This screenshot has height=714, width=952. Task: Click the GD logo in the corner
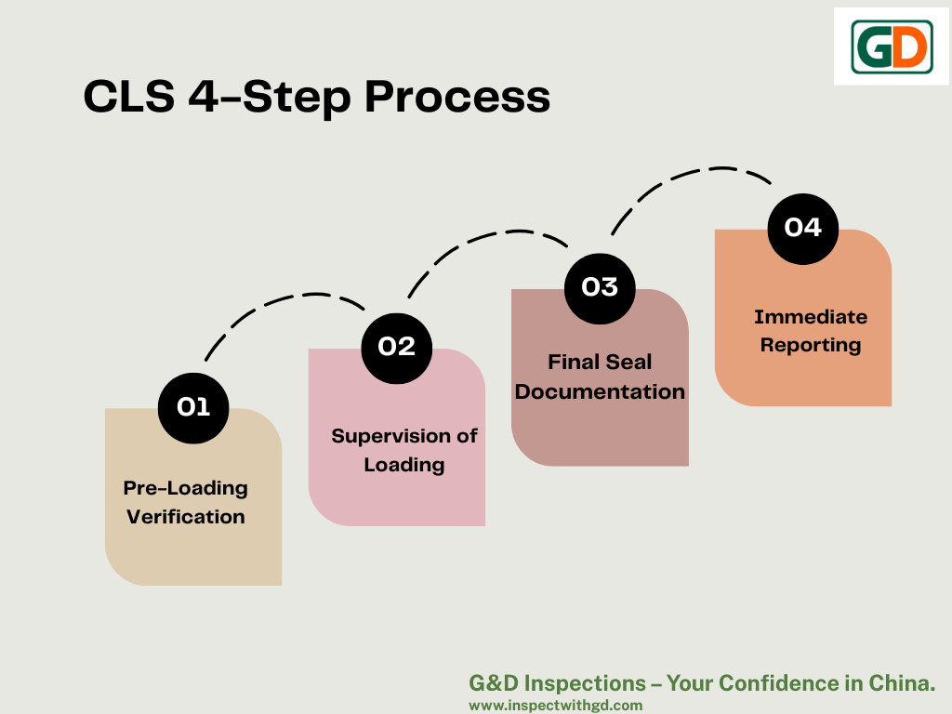891,46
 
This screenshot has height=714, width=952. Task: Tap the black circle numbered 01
193,406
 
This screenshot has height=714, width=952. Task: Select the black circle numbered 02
396,347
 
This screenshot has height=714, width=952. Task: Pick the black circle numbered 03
600,287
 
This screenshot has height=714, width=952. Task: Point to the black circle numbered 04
802,228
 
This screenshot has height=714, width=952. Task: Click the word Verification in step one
186,517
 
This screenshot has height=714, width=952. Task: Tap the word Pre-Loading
186,488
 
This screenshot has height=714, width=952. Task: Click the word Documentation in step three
600,391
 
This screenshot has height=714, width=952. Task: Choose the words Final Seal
600,362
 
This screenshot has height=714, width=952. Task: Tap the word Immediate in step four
811,317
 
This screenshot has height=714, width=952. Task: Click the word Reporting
811,345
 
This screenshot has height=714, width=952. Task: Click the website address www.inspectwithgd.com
555,706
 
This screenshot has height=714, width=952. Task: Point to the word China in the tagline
901,683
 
